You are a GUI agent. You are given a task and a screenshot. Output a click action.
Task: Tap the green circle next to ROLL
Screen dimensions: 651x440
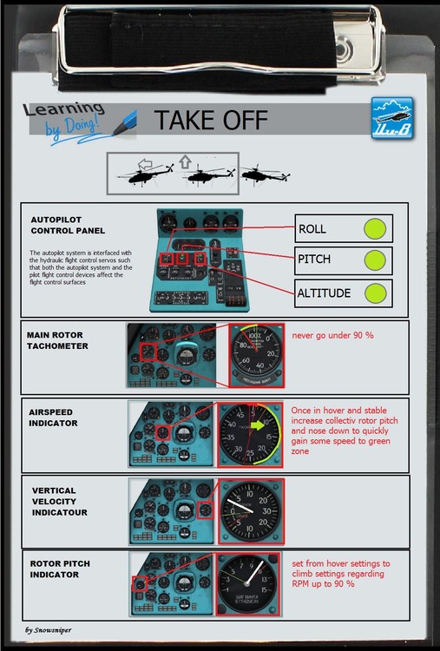(x=374, y=229)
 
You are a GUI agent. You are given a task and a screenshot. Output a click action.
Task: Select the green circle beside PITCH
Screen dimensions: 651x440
(x=374, y=260)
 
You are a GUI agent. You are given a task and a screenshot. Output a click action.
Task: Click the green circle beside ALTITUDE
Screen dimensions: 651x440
(x=374, y=293)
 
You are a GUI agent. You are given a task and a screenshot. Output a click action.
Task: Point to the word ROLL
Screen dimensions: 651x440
(x=312, y=229)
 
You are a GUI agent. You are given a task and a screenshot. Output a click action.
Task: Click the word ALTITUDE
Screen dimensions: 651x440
(x=324, y=293)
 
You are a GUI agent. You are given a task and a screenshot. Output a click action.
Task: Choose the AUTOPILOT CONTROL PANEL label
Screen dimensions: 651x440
(x=68, y=225)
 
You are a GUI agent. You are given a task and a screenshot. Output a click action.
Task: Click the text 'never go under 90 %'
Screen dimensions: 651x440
(x=333, y=334)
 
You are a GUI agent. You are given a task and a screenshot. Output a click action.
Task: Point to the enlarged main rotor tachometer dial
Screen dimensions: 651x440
(x=256, y=356)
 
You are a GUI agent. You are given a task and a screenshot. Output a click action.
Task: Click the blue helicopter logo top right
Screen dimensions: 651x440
(x=392, y=117)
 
